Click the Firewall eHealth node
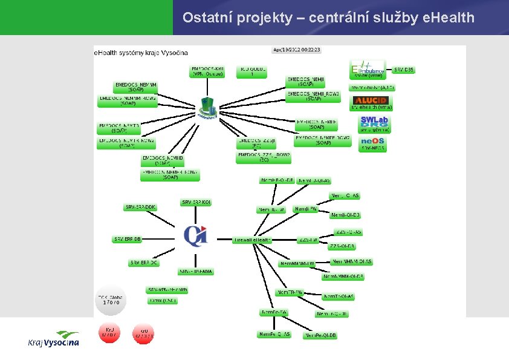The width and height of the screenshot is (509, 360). [x=253, y=240]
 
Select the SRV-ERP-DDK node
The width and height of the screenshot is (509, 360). [x=140, y=208]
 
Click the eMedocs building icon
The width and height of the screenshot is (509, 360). [x=207, y=108]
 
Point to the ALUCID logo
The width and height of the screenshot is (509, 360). [x=371, y=100]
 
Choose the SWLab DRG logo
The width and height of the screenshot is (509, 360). [x=374, y=122]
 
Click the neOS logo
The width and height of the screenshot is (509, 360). [x=372, y=142]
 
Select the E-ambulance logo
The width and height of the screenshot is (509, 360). [x=368, y=68]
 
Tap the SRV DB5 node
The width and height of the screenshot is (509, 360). [x=404, y=70]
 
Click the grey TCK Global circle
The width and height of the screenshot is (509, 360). [x=111, y=299]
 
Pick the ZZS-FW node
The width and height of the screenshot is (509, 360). [x=308, y=240]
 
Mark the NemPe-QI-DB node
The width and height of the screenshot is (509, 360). [x=321, y=335]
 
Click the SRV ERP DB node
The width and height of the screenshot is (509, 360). [x=128, y=239]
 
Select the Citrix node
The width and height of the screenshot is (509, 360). [x=163, y=301]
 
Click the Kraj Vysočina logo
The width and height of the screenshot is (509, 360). [x=53, y=339]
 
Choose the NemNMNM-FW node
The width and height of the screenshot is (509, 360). [x=297, y=264]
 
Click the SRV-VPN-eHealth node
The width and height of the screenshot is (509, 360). [x=167, y=290]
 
